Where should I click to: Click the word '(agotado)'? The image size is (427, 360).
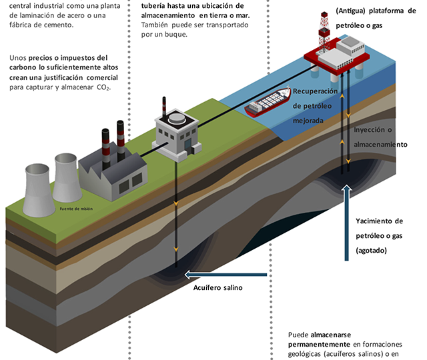click(372, 251)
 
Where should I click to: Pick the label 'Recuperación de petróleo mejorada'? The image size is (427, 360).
click(316, 106)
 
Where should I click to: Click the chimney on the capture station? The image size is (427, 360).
click(162, 109)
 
